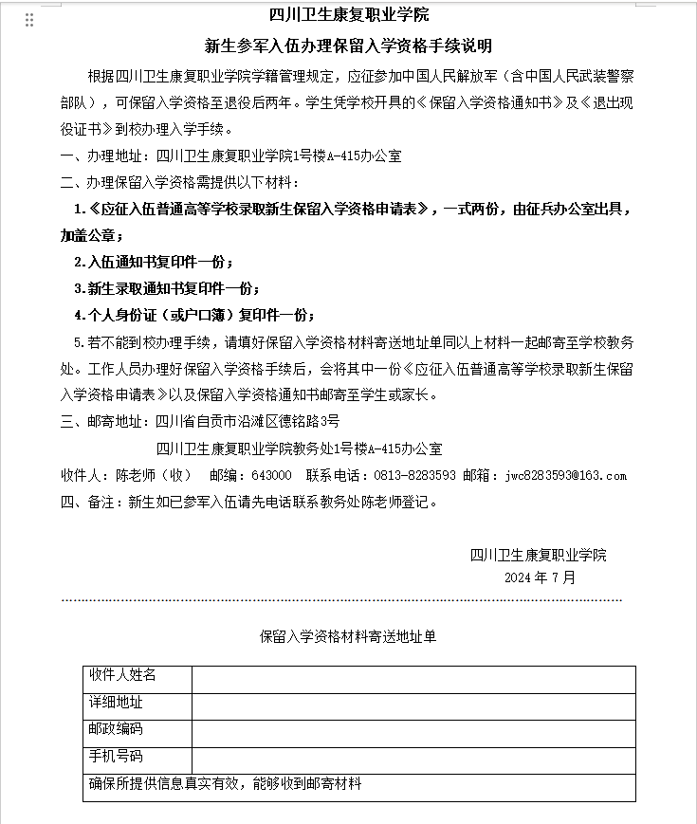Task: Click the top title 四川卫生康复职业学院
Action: point(349,15)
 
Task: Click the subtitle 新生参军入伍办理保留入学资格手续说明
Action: point(349,45)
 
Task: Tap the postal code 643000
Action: point(272,475)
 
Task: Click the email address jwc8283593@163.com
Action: point(566,475)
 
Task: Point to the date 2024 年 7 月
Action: point(540,577)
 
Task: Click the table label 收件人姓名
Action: point(122,675)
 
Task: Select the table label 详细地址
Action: point(116,703)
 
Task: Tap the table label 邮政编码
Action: point(116,729)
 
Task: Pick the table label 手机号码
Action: point(116,757)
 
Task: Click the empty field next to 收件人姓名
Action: point(413,679)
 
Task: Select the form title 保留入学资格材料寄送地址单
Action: point(348,637)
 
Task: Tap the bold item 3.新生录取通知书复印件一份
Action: point(167,288)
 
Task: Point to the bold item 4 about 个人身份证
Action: point(194,315)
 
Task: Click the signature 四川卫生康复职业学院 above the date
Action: point(538,556)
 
